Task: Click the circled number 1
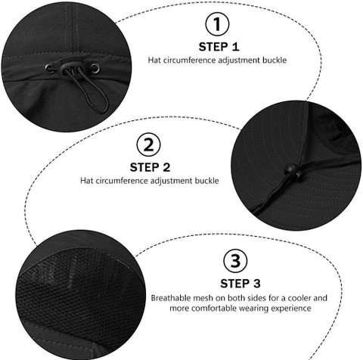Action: [x=217, y=24]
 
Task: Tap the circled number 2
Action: [x=148, y=144]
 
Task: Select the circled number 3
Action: [x=235, y=261]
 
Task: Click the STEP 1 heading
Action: [x=219, y=47]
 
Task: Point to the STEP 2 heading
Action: [x=150, y=168]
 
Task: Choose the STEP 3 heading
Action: [x=240, y=284]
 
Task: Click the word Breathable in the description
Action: [x=171, y=298]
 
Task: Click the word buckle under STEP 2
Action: [x=206, y=181]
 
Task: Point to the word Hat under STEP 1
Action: [x=154, y=61]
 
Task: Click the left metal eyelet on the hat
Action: [x=49, y=68]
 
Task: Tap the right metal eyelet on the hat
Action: [x=95, y=68]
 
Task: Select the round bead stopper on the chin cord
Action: [x=290, y=169]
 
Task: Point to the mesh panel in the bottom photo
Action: [x=78, y=286]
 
